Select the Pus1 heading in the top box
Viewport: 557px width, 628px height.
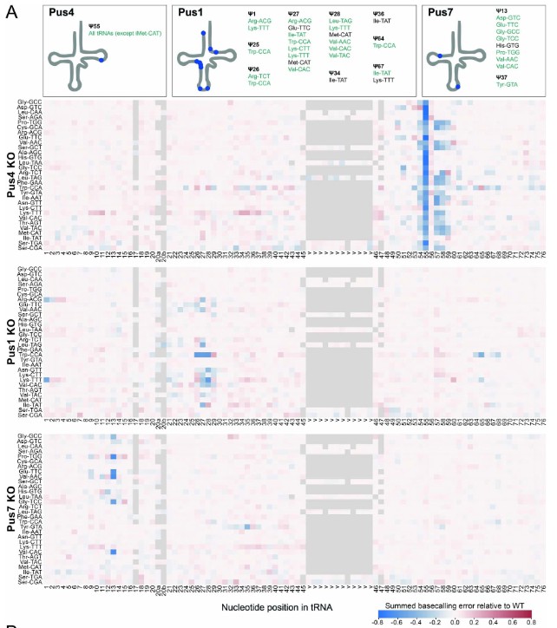190,12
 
